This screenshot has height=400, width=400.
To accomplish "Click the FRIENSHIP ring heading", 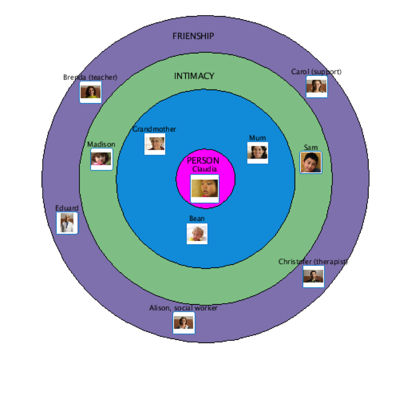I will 193,36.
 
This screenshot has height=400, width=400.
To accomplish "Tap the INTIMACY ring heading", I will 194,76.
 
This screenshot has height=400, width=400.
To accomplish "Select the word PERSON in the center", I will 203,160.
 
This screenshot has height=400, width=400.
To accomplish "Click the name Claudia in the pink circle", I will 205,169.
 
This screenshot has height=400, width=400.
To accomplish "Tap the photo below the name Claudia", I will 205,189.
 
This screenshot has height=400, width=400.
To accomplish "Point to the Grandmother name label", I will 154,129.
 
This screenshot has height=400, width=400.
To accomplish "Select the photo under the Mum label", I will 258,152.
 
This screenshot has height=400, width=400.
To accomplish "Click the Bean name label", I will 197,219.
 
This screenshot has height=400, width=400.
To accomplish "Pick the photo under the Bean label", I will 197,233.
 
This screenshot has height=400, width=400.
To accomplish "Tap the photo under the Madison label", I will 101,159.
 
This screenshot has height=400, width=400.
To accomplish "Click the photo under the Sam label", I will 311,163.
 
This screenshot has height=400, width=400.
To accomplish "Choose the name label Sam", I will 311,148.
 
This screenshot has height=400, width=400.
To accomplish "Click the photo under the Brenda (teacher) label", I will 91,92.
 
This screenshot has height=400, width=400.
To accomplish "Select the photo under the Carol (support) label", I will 317,86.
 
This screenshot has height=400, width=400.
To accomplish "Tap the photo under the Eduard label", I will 67,223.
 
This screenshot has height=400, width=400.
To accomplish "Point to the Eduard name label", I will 67,208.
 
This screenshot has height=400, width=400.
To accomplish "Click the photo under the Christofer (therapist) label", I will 314,277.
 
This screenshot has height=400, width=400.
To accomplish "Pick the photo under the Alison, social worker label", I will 184,323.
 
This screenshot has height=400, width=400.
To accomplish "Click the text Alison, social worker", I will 183,308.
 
